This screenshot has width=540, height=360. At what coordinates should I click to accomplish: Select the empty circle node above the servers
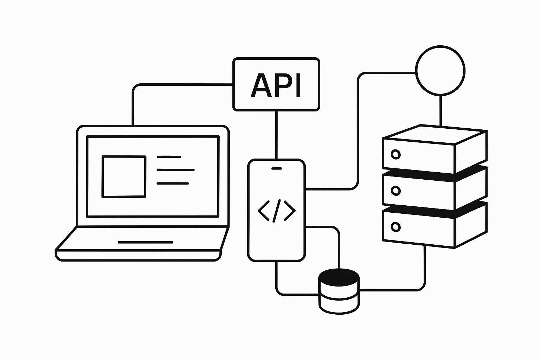tap(440, 70)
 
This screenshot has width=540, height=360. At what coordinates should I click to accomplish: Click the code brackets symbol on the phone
tap(276, 211)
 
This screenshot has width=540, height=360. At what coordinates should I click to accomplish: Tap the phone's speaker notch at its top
tap(277, 168)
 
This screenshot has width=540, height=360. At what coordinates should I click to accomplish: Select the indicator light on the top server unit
tap(396, 154)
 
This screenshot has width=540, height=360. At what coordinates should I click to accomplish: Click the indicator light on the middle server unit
tap(396, 191)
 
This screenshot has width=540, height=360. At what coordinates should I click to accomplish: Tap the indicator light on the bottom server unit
tap(396, 226)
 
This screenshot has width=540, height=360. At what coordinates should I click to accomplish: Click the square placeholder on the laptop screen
tap(124, 176)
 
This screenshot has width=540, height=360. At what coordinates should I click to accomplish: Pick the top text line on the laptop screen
tap(169, 156)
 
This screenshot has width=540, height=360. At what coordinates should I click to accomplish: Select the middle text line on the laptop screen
tap(175, 170)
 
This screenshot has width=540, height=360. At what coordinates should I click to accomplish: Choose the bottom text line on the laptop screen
tap(173, 183)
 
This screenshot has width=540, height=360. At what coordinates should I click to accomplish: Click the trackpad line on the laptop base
tap(145, 242)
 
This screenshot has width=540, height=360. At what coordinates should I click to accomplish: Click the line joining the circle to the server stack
tap(440, 110)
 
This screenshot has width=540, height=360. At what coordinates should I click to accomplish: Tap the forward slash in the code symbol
tap(277, 211)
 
